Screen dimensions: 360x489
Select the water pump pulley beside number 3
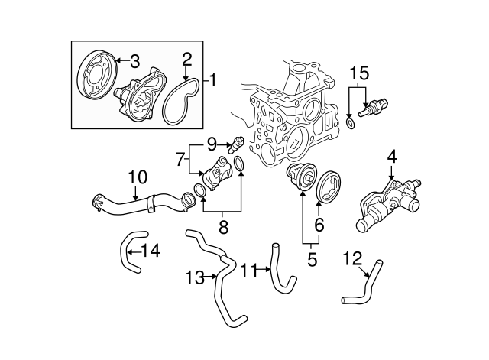pos(95,81)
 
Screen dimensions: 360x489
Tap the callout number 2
pos(186,58)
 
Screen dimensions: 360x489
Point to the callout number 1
pos(213,79)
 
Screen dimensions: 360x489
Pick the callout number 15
pos(359,73)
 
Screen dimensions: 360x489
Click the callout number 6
pos(319,224)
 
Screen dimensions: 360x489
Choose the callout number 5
pos(311,260)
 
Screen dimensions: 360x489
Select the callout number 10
pos(137,178)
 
